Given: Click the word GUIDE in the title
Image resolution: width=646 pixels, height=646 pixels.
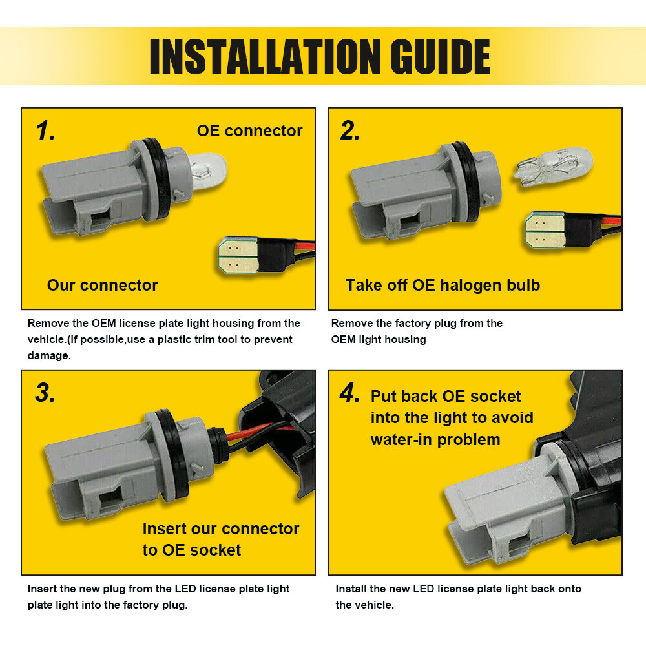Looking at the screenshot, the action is coord(440,57).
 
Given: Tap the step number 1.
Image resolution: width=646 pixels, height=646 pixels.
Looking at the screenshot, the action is coord(45,130).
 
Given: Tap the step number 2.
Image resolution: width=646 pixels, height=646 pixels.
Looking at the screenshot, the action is coord(350,130).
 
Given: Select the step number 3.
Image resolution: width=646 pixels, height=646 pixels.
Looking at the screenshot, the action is coord(45,393).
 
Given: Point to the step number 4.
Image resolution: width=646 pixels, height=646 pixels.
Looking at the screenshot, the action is coord(350,393).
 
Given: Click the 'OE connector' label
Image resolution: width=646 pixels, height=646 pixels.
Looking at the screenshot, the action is coord(249,130).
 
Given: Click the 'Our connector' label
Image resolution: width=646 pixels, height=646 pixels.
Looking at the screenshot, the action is coord(102,285).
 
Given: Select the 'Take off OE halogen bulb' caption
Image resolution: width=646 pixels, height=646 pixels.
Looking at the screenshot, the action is coord(443,286).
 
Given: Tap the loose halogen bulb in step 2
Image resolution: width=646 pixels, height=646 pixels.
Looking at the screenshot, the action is coord(554,167).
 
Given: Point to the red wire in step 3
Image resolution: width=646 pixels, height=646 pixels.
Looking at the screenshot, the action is coord(260,430).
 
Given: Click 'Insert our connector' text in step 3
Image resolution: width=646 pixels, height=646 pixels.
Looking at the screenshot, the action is coord(221,528).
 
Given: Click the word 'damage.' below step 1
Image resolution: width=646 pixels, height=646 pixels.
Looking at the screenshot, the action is coord(49,355).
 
